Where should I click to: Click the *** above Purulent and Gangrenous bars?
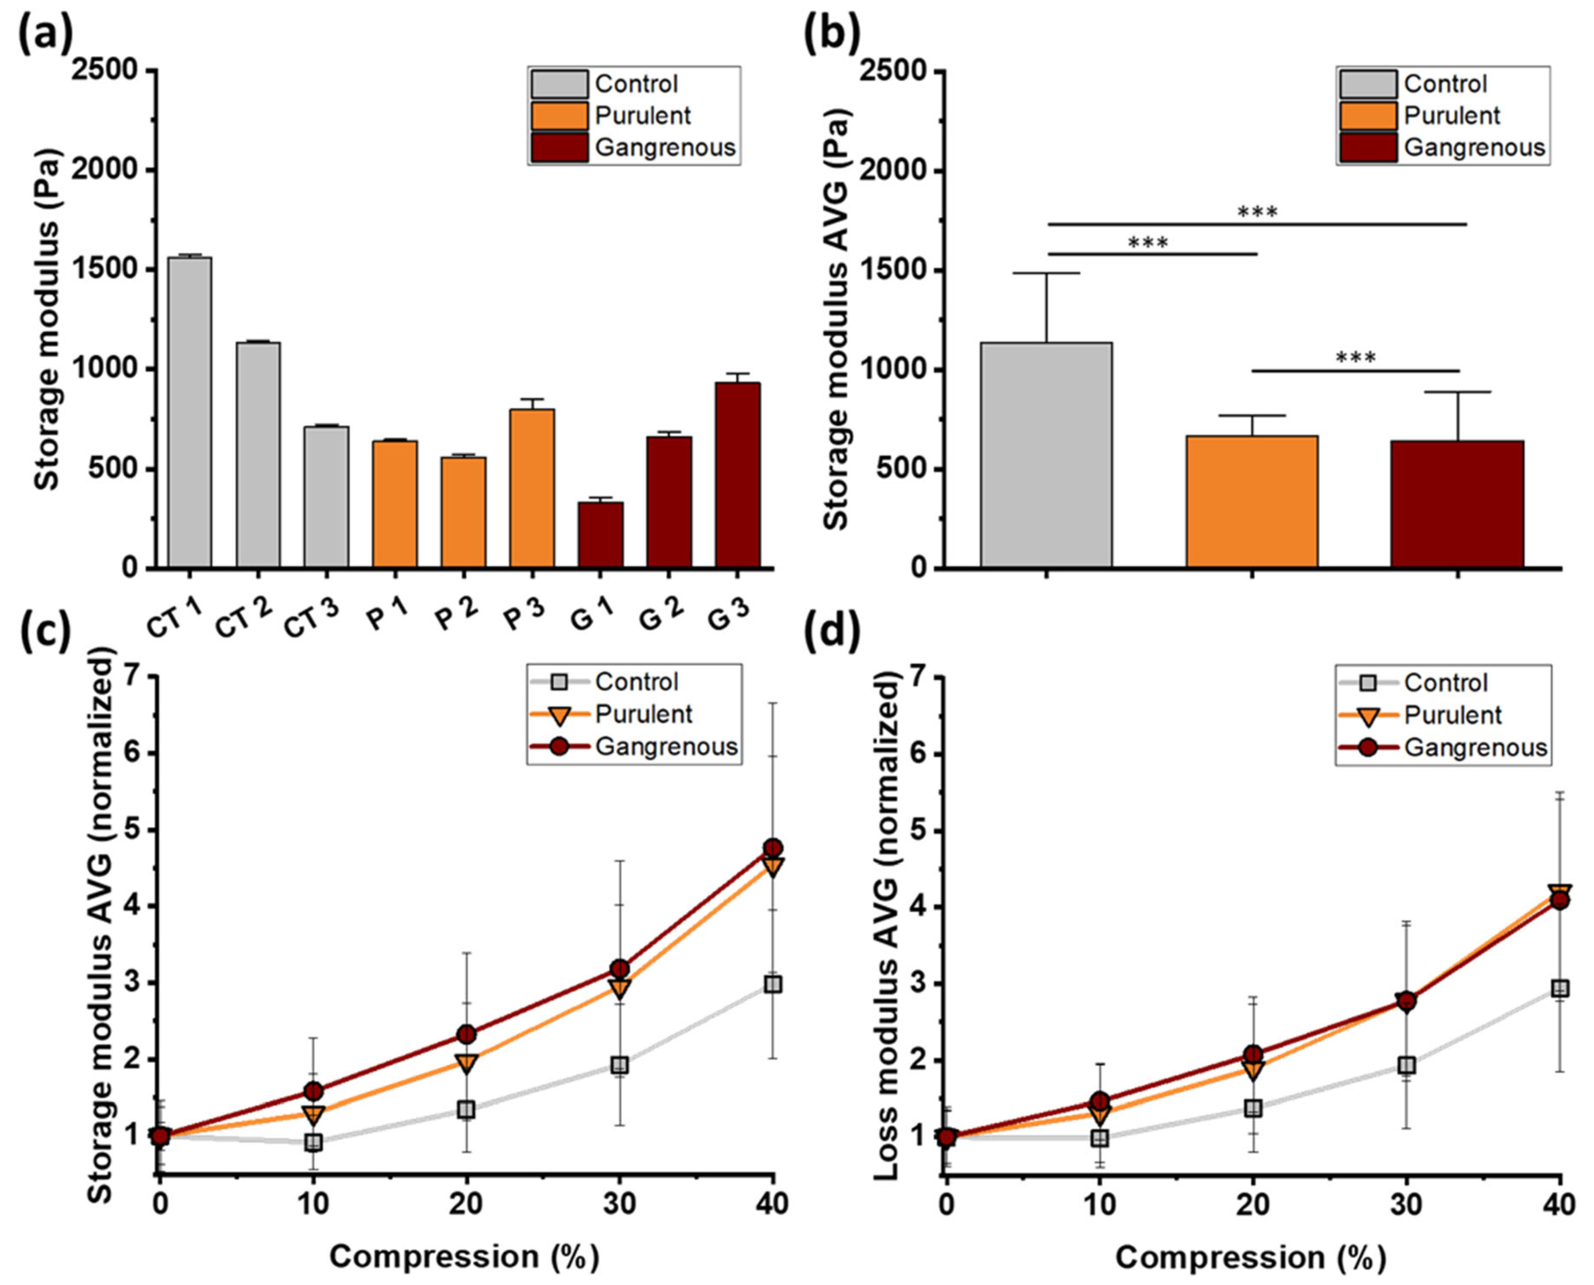click(1355, 358)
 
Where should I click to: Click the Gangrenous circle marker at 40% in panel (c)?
click(773, 848)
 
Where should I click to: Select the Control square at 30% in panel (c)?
click(619, 1065)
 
